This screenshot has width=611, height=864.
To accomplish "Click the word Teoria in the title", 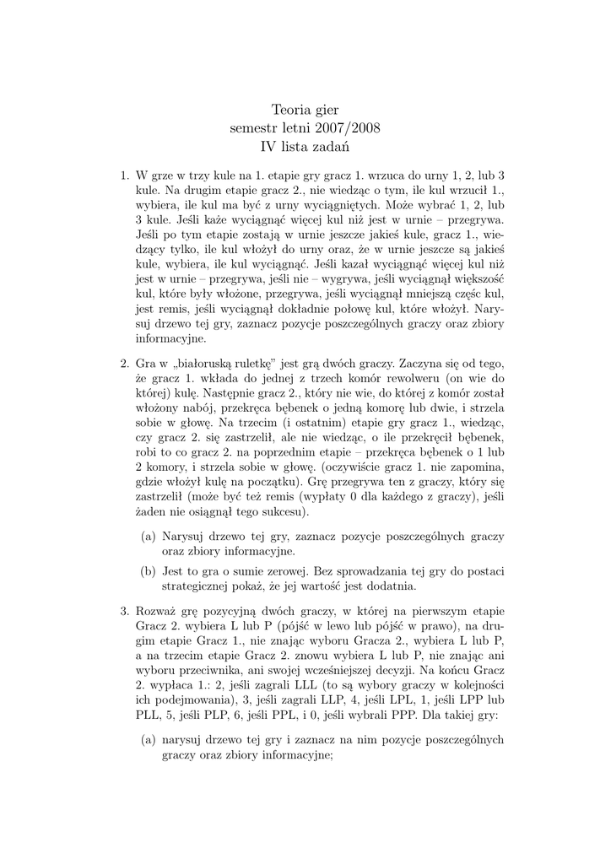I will coord(291,110).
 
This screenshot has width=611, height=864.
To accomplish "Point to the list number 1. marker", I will coord(123,175).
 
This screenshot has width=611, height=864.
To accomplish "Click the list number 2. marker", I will coord(123,363).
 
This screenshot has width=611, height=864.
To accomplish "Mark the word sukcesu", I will coord(284,511).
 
